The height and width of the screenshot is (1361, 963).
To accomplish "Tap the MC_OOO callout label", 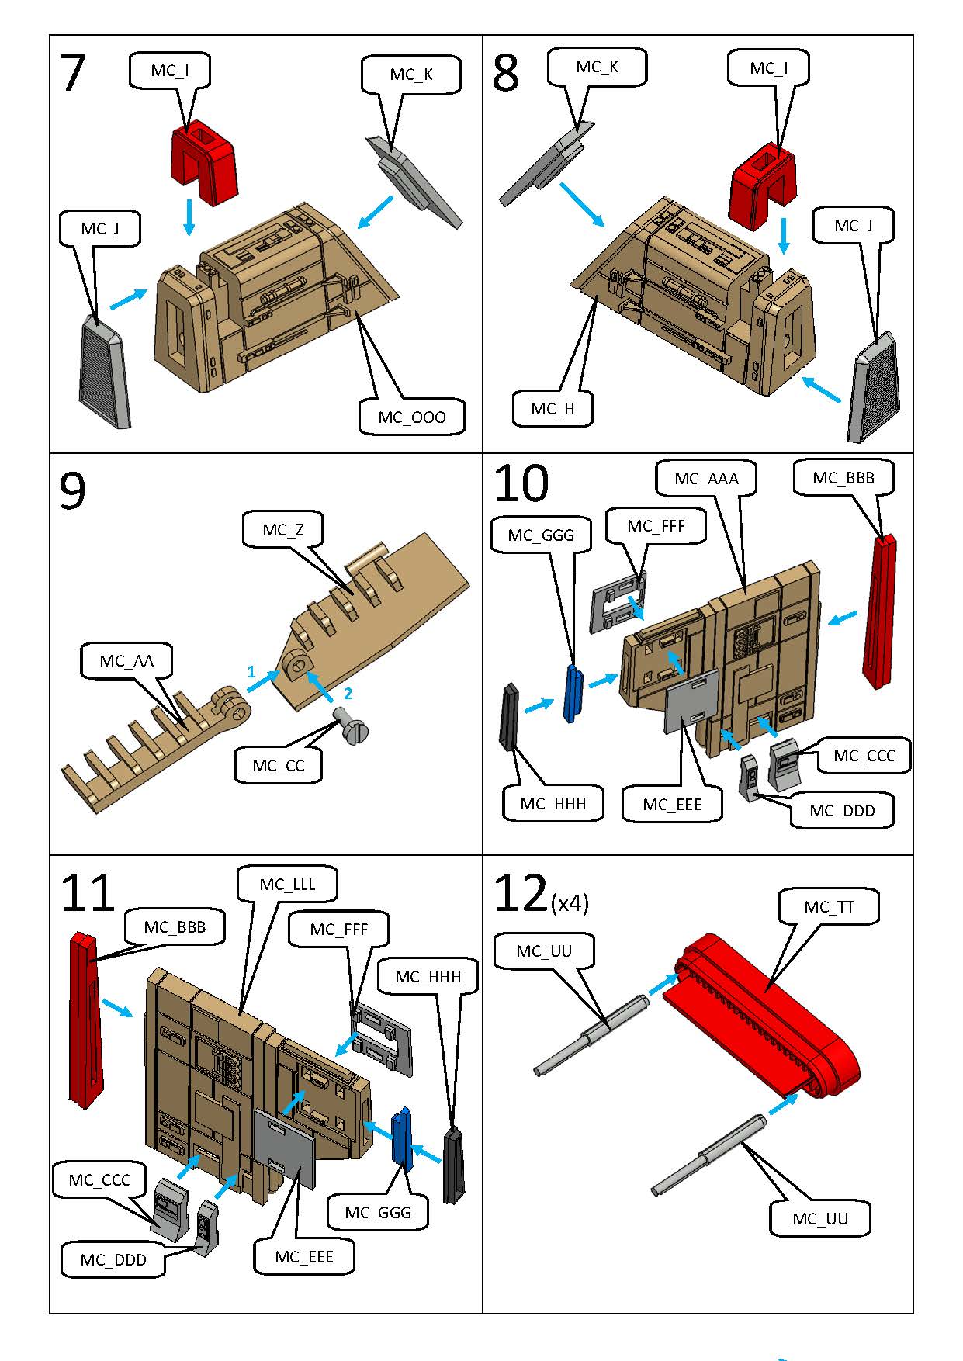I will click(412, 417).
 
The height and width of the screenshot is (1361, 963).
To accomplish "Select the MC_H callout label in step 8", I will click(553, 409).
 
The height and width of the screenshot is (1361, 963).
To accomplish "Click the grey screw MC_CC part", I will click(352, 727).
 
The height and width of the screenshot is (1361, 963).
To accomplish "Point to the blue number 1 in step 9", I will click(251, 671).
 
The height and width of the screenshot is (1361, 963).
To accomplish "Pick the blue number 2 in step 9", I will click(348, 693).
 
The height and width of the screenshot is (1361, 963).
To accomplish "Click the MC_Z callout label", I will click(283, 530).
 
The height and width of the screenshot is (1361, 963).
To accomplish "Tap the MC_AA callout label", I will click(126, 661).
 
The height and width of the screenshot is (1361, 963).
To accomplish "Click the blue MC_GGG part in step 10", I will click(573, 692).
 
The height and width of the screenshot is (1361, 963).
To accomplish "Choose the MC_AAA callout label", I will click(706, 479).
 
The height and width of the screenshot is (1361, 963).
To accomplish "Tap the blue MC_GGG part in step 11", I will click(402, 1139).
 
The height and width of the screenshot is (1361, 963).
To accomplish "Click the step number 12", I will click(521, 894).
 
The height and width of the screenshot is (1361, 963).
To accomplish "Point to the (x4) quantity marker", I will click(570, 903).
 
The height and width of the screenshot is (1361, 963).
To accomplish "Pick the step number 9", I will click(72, 491).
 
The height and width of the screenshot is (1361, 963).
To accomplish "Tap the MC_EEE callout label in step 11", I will click(304, 1257).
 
